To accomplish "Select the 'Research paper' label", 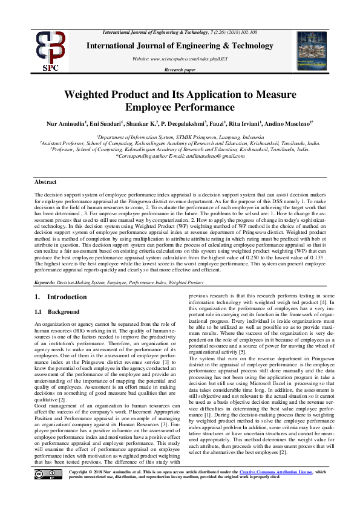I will coord(180,70).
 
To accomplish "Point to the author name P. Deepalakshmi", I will coord(182,124).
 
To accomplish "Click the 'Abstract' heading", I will coord(45,182).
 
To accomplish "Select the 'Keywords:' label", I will coord(45,282).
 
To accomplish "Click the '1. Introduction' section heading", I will coord(61,297).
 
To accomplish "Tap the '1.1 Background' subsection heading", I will coord(57,311).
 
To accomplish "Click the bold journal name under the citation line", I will coord(180,45).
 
